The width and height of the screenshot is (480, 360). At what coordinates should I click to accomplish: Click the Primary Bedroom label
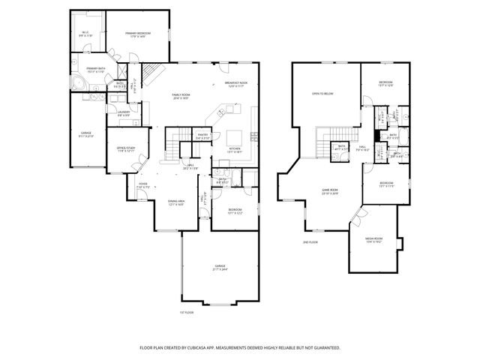click(137, 34)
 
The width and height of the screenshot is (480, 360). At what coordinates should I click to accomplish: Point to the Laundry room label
click(124, 113)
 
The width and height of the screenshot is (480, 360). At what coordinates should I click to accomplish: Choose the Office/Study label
click(124, 149)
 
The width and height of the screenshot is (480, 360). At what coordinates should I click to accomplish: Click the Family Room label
click(181, 97)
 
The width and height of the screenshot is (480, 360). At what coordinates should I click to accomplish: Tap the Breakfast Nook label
click(235, 85)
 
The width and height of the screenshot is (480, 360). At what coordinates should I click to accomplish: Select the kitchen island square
click(235, 137)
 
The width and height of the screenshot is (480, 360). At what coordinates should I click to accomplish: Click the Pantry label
click(202, 136)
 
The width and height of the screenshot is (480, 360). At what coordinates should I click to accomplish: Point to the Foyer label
click(142, 185)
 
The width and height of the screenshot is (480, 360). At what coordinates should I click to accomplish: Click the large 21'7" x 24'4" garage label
click(220, 267)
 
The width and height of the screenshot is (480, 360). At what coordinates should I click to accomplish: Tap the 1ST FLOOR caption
click(187, 311)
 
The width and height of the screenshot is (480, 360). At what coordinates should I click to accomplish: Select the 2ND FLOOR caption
click(310, 242)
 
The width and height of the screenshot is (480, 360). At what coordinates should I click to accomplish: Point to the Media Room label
click(373, 240)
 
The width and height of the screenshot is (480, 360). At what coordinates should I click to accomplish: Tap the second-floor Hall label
click(362, 148)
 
